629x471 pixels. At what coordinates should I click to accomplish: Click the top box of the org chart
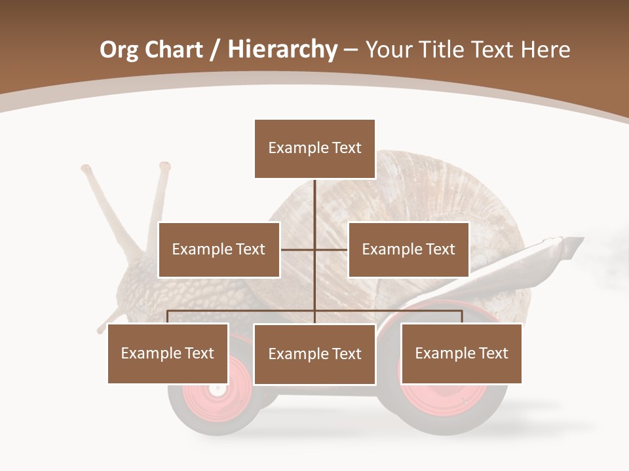(314, 148)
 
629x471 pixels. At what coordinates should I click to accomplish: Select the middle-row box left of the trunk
(219, 249)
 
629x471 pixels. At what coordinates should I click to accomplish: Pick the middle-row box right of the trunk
(408, 249)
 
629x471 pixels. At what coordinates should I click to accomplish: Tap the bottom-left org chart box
(168, 353)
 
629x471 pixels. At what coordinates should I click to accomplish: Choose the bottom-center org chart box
(314, 354)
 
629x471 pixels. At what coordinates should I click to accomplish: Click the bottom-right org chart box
(461, 353)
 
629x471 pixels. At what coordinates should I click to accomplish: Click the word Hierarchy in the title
(282, 49)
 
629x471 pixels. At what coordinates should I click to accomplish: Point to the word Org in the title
(119, 50)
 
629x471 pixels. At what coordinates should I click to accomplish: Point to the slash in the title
(215, 50)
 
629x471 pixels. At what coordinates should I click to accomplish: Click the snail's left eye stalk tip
(86, 169)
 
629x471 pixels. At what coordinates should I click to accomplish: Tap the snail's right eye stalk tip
(164, 166)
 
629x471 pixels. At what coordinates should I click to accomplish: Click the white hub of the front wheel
(217, 389)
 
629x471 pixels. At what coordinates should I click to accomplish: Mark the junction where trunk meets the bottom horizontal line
(314, 311)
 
